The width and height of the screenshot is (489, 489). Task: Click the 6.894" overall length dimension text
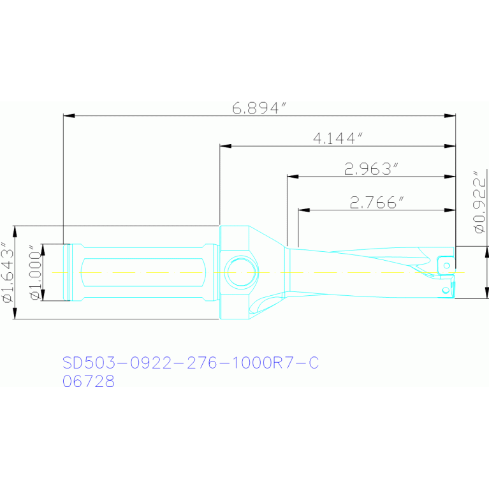tap(259, 108)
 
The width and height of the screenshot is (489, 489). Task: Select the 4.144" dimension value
tap(339, 138)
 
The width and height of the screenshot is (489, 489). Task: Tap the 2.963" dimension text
tap(371, 169)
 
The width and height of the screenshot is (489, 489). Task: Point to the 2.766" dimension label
tap(377, 202)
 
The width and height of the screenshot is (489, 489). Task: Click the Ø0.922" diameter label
tap(480, 201)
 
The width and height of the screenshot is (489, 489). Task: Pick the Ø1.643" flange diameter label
tap(8, 272)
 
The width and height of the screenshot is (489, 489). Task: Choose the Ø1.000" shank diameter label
tap(36, 272)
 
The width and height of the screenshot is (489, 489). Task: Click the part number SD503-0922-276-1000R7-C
tap(191, 362)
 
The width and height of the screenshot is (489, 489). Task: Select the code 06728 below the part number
tap(89, 381)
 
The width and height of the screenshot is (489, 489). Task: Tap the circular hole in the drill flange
tap(241, 272)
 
